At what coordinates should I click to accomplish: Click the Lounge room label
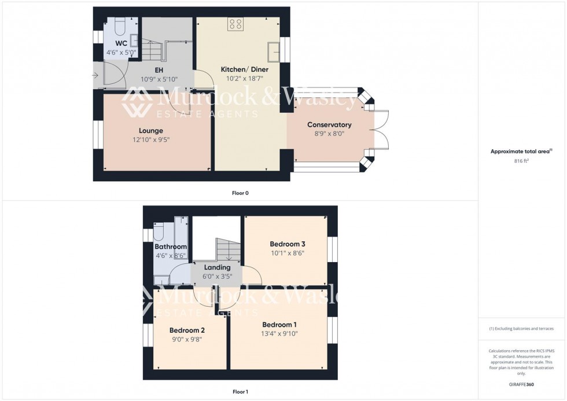click(150, 131)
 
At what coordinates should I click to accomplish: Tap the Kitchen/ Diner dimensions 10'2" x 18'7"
click(244, 78)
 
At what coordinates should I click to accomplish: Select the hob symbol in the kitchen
click(235, 24)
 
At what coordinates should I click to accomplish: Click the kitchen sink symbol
click(273, 51)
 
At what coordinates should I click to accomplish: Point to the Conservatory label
click(329, 125)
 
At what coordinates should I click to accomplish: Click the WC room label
click(121, 43)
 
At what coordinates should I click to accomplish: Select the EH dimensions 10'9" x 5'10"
click(159, 79)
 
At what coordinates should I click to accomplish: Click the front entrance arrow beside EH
click(95, 75)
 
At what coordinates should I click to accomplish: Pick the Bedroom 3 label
click(287, 244)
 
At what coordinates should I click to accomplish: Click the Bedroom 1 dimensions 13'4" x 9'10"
click(279, 333)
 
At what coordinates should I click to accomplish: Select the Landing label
click(218, 267)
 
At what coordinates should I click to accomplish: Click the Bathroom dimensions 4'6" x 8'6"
click(170, 255)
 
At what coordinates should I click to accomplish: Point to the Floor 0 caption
click(240, 193)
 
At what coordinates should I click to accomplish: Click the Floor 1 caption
click(240, 392)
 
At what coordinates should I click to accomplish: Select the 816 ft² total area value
click(521, 161)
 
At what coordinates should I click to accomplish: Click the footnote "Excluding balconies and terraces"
click(521, 329)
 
